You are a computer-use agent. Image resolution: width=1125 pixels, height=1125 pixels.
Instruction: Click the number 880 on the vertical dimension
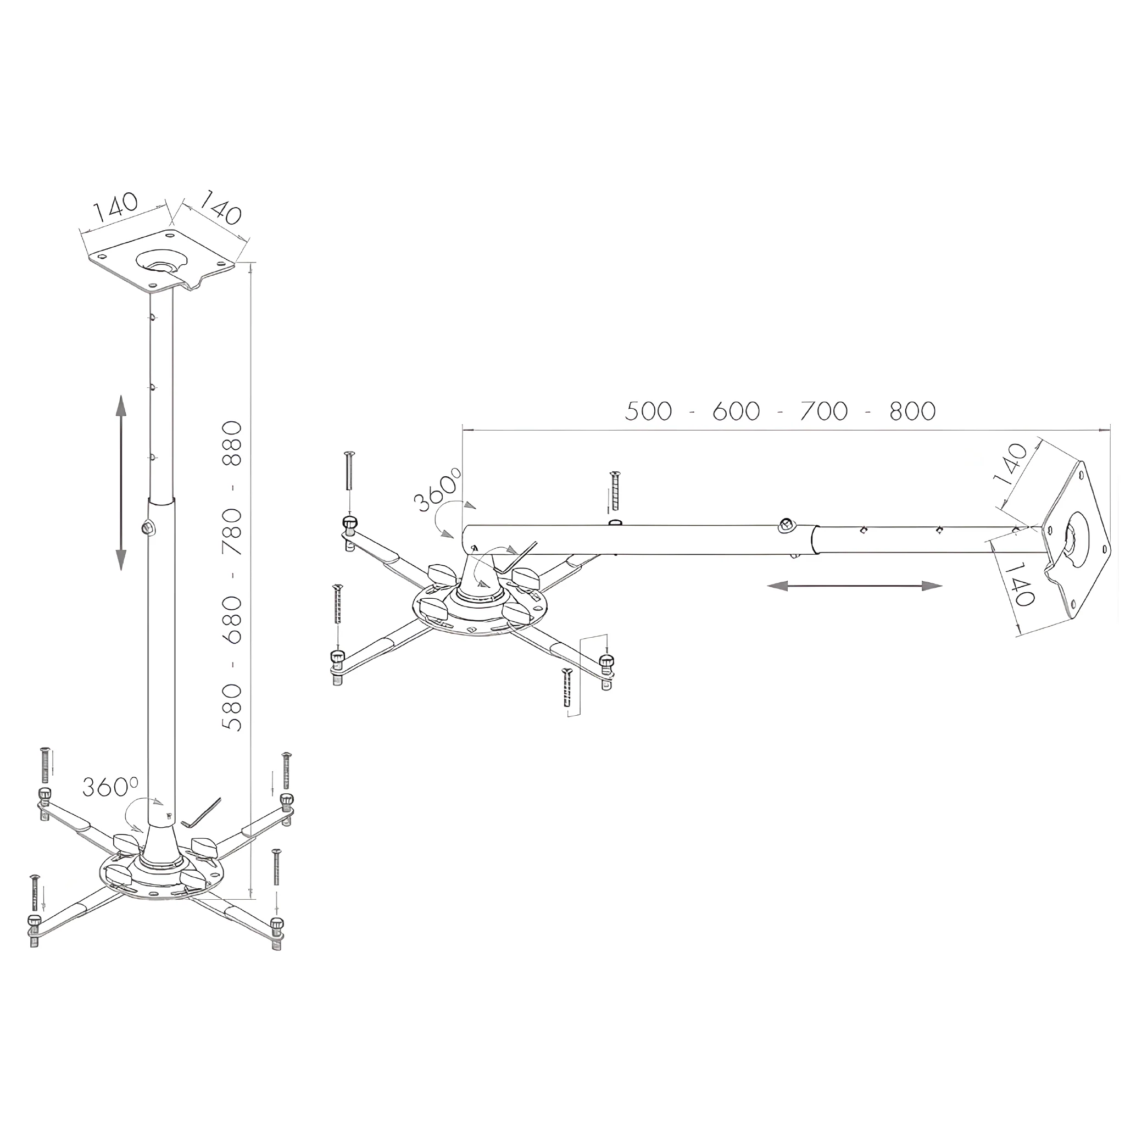point(232,444)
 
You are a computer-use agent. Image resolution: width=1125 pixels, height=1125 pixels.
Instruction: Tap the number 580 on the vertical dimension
point(232,707)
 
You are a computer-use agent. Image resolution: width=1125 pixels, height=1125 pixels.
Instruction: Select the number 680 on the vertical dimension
point(232,620)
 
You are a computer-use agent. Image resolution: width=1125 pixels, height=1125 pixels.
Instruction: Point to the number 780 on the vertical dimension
point(232,531)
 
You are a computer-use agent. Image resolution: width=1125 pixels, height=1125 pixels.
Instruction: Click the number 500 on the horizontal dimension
point(649,411)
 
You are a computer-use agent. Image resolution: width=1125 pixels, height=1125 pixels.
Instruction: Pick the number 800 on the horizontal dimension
point(912,411)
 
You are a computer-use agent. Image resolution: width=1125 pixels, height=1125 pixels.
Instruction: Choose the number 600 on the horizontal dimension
point(737,411)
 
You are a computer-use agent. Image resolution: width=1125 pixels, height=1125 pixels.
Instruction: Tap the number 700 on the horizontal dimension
point(824,411)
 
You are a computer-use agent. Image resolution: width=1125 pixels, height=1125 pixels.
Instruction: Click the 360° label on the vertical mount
point(110,787)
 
